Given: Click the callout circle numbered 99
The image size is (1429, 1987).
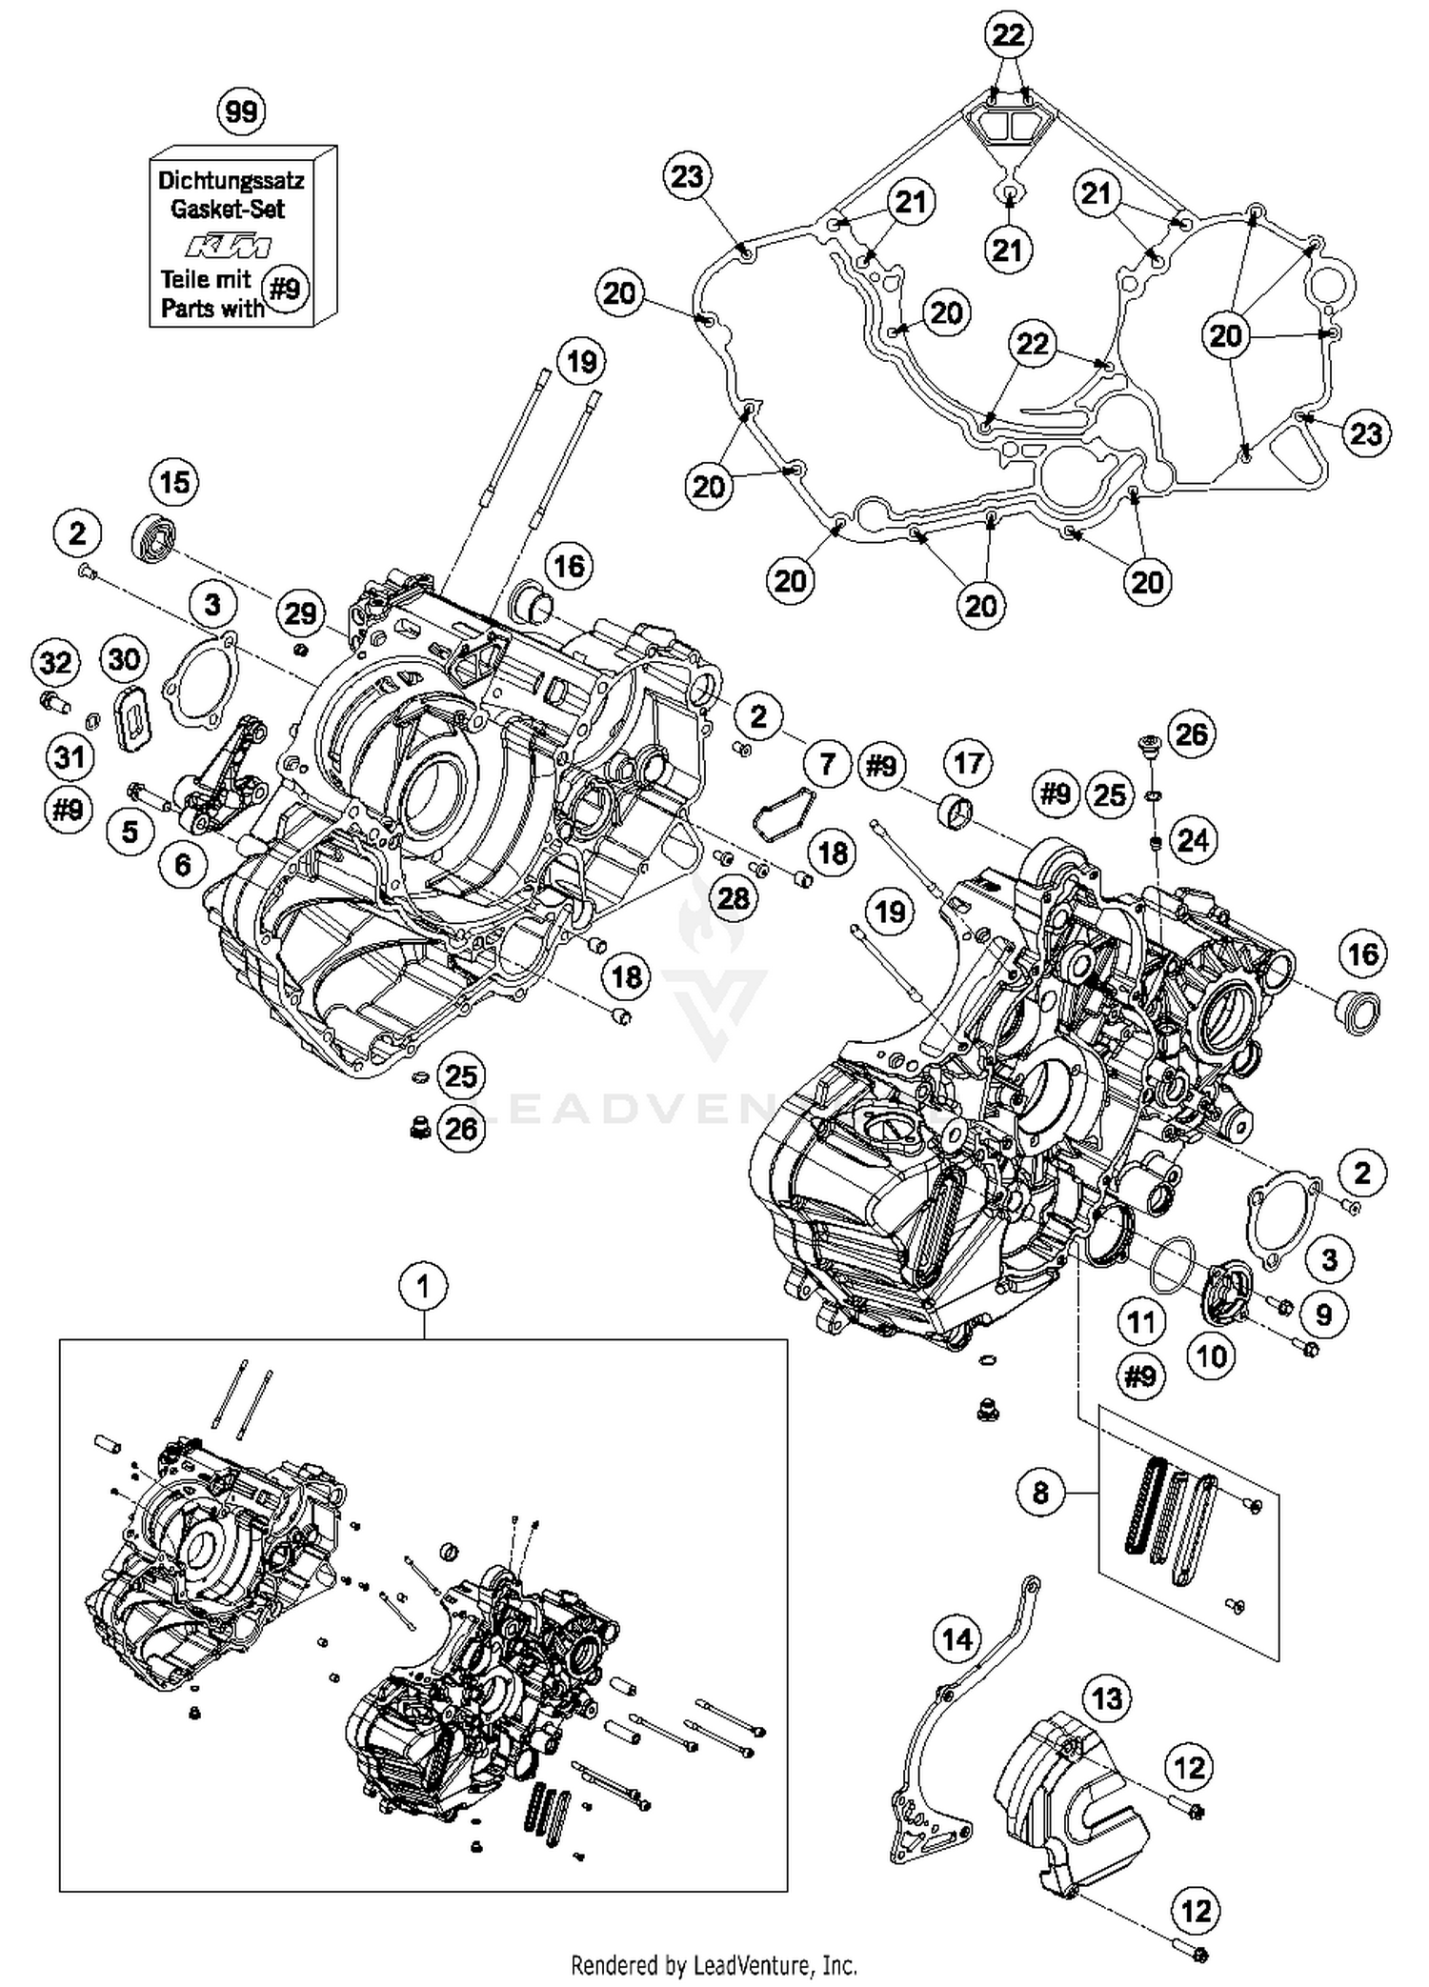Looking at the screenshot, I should [x=241, y=111].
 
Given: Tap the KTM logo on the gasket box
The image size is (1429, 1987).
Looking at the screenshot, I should [x=228, y=247].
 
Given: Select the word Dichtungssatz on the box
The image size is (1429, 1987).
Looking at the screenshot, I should [x=231, y=180].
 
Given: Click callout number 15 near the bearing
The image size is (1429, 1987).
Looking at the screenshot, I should [x=174, y=482].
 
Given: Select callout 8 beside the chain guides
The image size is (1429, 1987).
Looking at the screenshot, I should [x=1040, y=1492].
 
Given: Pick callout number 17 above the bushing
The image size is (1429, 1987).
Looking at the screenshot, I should [x=968, y=763].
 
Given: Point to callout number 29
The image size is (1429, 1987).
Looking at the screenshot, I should [x=300, y=612].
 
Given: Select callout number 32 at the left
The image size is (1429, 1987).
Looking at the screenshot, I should [x=55, y=661].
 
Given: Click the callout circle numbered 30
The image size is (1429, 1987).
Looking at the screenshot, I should [x=125, y=658].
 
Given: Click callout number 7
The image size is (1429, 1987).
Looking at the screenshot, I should [x=827, y=763].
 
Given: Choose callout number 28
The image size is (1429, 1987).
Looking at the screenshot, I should [x=733, y=897].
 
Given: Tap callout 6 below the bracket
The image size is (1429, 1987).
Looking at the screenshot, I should [x=182, y=864].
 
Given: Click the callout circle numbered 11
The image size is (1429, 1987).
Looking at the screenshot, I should [x=1141, y=1322].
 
